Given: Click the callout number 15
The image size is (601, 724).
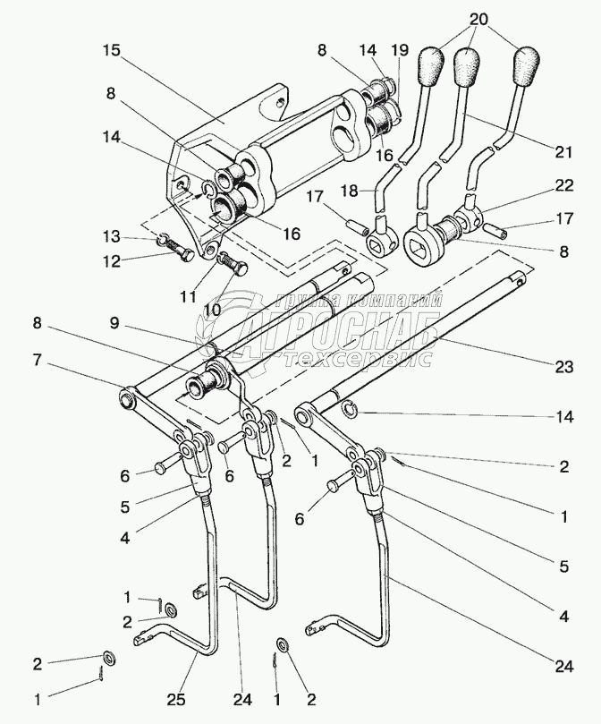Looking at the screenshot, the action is click(x=111, y=51).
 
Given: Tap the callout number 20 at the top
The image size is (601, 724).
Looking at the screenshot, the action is click(x=479, y=20).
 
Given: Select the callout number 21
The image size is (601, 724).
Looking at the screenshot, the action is click(x=563, y=152).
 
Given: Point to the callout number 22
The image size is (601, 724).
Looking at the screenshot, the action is click(x=564, y=185).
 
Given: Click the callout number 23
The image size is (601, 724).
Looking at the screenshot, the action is click(x=563, y=367).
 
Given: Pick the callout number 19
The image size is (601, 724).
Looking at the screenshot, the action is click(x=400, y=50).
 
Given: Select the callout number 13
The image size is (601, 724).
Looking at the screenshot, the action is click(x=112, y=237).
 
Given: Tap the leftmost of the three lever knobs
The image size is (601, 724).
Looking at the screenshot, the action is click(x=431, y=66).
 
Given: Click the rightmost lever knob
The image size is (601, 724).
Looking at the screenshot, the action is click(x=527, y=66).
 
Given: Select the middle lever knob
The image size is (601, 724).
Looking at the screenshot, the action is click(x=466, y=66).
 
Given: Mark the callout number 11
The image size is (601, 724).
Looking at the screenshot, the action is click(x=188, y=296).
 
